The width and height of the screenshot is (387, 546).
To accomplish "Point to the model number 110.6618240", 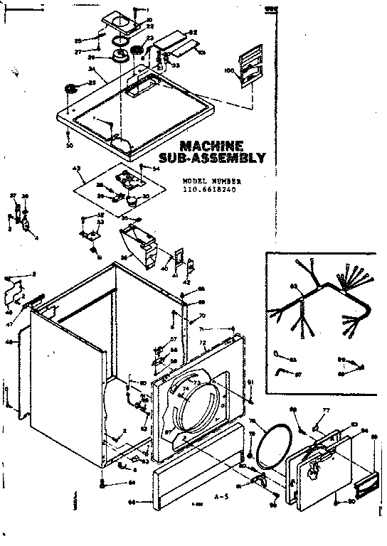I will (208, 190).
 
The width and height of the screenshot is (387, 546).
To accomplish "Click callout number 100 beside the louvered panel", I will (228, 70).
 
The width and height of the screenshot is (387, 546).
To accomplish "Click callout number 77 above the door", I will (327, 411).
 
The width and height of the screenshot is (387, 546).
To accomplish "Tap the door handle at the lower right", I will (365, 485).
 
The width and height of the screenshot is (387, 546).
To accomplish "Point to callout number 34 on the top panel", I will (92, 69).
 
